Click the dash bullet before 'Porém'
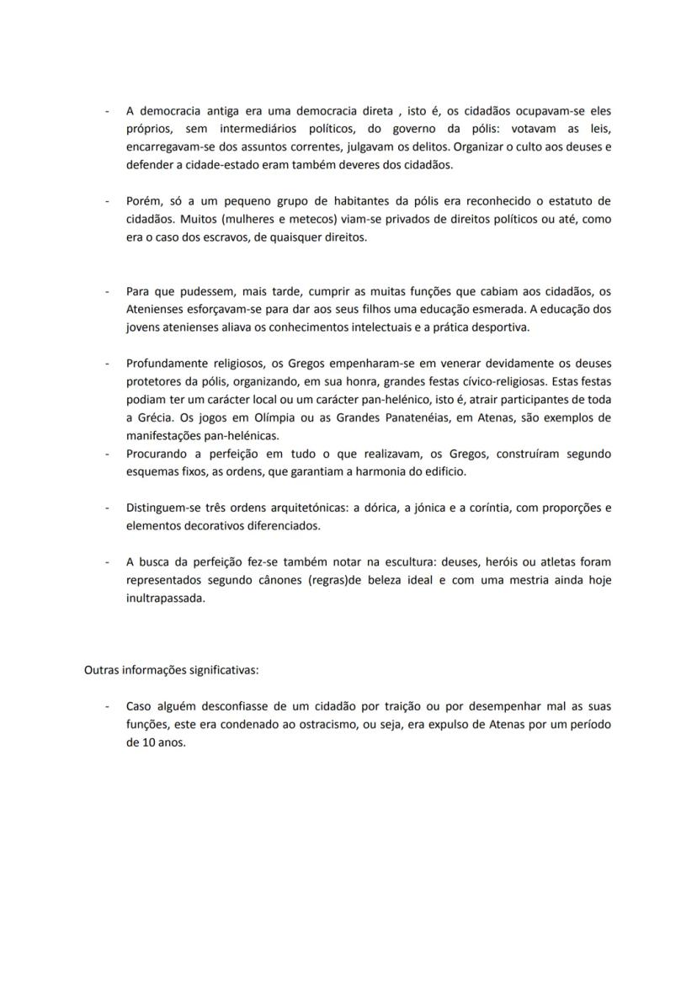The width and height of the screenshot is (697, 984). click(x=107, y=201)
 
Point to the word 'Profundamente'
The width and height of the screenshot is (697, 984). click(x=168, y=364)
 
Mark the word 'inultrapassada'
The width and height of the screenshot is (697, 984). click(x=166, y=598)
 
